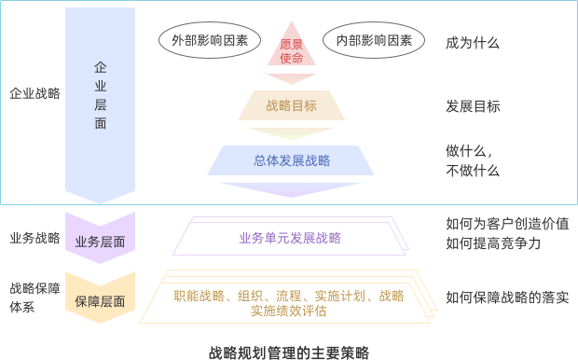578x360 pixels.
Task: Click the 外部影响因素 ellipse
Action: click(x=203, y=41)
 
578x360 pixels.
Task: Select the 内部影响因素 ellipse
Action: click(x=373, y=41)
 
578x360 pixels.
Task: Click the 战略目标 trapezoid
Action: click(x=291, y=105)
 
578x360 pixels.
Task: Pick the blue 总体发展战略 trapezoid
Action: click(x=291, y=160)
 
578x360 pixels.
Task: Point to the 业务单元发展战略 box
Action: click(x=290, y=238)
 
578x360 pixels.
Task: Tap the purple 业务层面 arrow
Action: click(x=100, y=242)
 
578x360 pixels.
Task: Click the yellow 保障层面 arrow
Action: click(x=100, y=301)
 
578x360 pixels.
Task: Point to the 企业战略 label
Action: click(x=34, y=93)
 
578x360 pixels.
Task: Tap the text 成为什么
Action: click(x=473, y=43)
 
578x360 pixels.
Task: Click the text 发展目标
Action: click(x=473, y=106)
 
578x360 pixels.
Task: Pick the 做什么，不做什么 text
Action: click(x=473, y=160)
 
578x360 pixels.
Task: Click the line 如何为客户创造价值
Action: click(x=507, y=224)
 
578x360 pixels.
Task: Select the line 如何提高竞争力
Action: click(x=493, y=243)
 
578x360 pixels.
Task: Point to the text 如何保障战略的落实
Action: click(x=507, y=298)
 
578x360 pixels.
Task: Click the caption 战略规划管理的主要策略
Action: click(x=289, y=352)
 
